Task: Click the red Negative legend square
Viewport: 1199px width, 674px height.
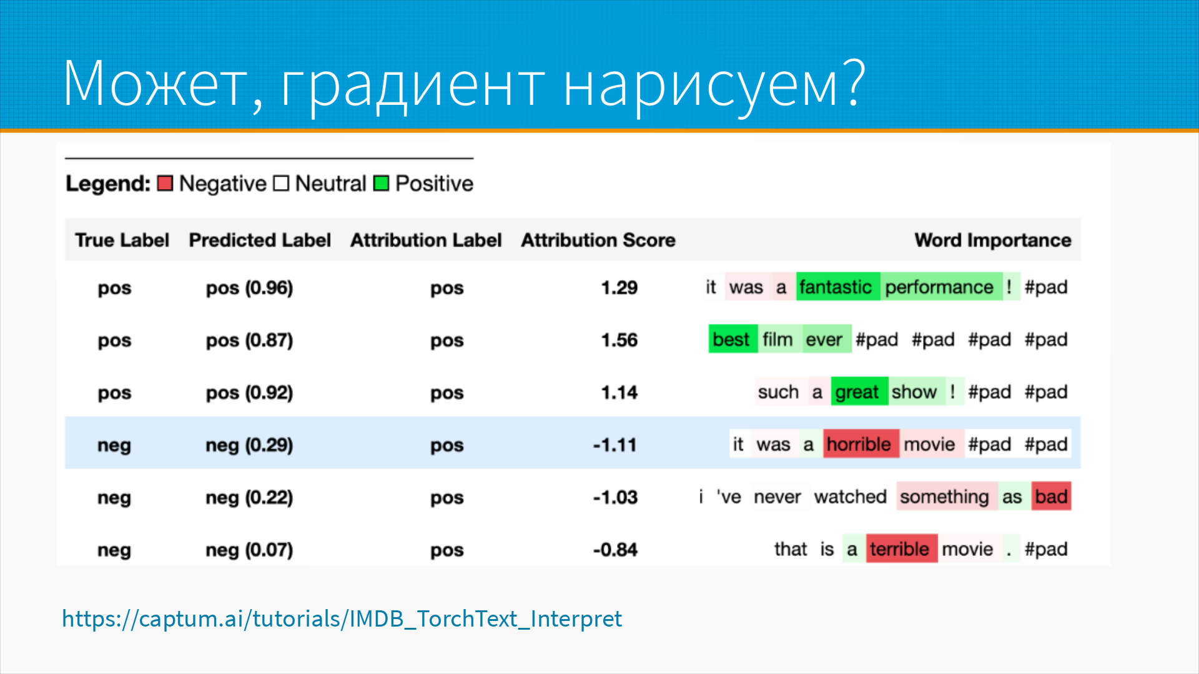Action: tap(165, 183)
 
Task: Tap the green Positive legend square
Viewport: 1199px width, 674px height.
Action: tap(381, 183)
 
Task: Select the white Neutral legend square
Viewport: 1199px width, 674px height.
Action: tap(281, 183)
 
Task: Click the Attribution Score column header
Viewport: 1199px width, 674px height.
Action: tap(598, 240)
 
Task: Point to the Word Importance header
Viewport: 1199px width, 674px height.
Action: tap(993, 240)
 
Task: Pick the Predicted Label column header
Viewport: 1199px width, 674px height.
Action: tap(260, 240)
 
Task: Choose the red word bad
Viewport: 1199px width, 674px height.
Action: tap(1051, 497)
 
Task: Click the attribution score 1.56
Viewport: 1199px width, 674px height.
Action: tap(619, 340)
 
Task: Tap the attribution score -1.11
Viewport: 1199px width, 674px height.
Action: tap(615, 445)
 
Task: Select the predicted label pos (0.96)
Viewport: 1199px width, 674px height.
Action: tap(249, 288)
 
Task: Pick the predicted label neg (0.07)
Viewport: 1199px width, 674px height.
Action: tap(249, 550)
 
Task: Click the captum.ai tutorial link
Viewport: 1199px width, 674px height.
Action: tap(342, 618)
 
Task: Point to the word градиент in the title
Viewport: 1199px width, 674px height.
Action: tap(413, 84)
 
